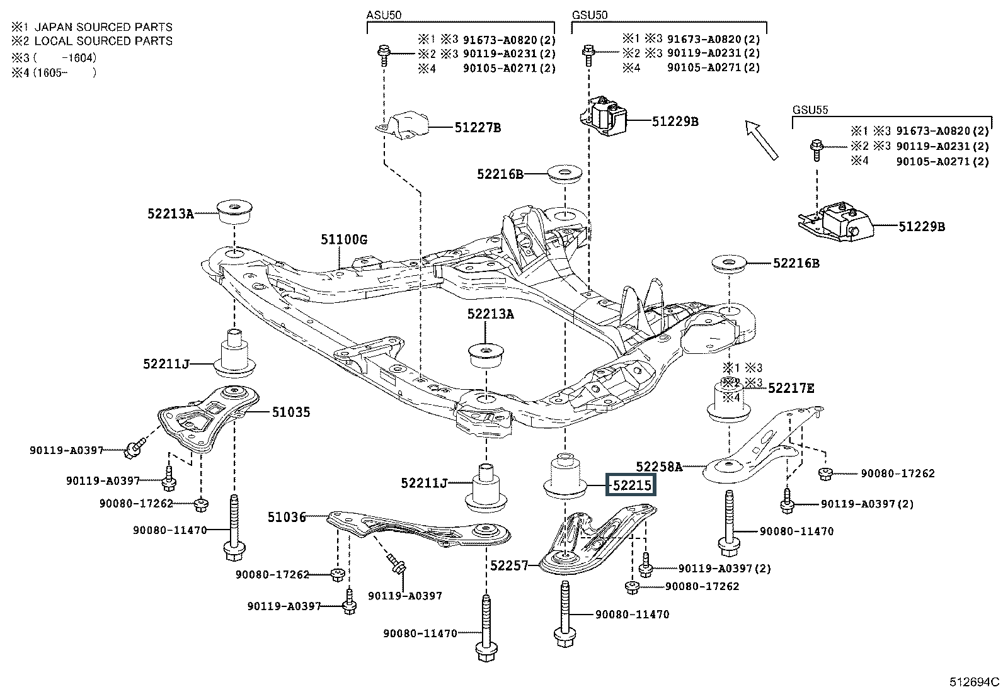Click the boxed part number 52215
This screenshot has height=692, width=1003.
[631, 485]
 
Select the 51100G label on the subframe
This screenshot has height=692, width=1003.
[344, 240]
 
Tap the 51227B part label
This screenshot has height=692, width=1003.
[478, 128]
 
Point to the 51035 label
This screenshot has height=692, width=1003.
[291, 412]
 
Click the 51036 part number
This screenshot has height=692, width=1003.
[287, 517]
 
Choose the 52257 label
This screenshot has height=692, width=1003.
[509, 565]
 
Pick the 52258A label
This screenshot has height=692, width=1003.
[659, 467]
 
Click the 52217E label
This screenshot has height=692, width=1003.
[791, 388]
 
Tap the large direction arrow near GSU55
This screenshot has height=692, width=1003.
[762, 140]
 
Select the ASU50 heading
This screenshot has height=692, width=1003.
[384, 14]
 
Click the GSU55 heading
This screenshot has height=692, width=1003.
[810, 110]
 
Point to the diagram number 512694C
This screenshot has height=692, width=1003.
[975, 682]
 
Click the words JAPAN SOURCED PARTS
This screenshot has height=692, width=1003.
[103, 27]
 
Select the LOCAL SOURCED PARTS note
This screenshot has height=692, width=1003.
[103, 41]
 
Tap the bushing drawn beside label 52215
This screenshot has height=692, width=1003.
[565, 476]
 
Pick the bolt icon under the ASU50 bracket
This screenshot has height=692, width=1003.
[384, 55]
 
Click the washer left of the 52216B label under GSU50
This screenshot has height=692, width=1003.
[565, 174]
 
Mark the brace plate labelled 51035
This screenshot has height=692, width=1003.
[208, 419]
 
